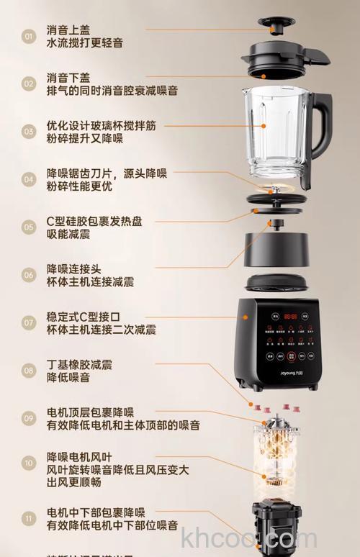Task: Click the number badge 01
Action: click(x=29, y=36)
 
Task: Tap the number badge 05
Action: click(x=29, y=227)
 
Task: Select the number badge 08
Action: click(x=29, y=371)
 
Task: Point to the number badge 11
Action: click(x=29, y=518)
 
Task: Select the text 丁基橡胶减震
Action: click(x=79, y=364)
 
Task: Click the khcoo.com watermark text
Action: click(x=249, y=538)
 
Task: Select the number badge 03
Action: click(x=29, y=131)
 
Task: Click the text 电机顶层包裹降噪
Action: click(x=91, y=412)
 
